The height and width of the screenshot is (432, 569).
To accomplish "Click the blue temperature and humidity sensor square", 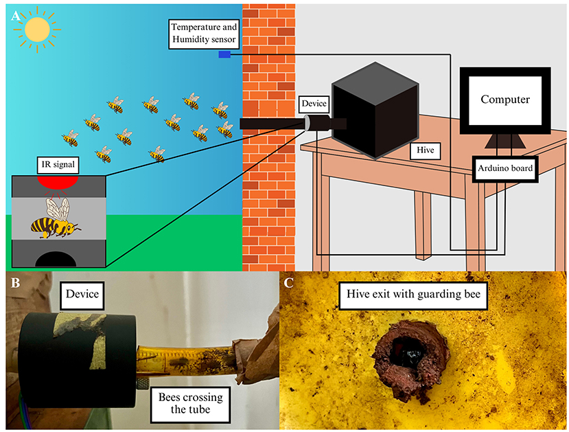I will pos(224,54).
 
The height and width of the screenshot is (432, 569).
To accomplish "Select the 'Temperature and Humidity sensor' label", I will pos(204,34).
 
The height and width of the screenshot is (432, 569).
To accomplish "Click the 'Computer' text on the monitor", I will pos(504,100).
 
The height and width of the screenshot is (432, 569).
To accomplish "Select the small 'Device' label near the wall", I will pos(315,104).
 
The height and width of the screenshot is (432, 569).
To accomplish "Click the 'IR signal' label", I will pos(58,166).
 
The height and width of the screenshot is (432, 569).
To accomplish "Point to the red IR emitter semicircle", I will pos(58,182).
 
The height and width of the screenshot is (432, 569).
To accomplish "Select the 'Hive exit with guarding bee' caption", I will pos(412,297).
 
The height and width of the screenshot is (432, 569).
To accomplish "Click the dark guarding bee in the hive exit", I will pos(406,352).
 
